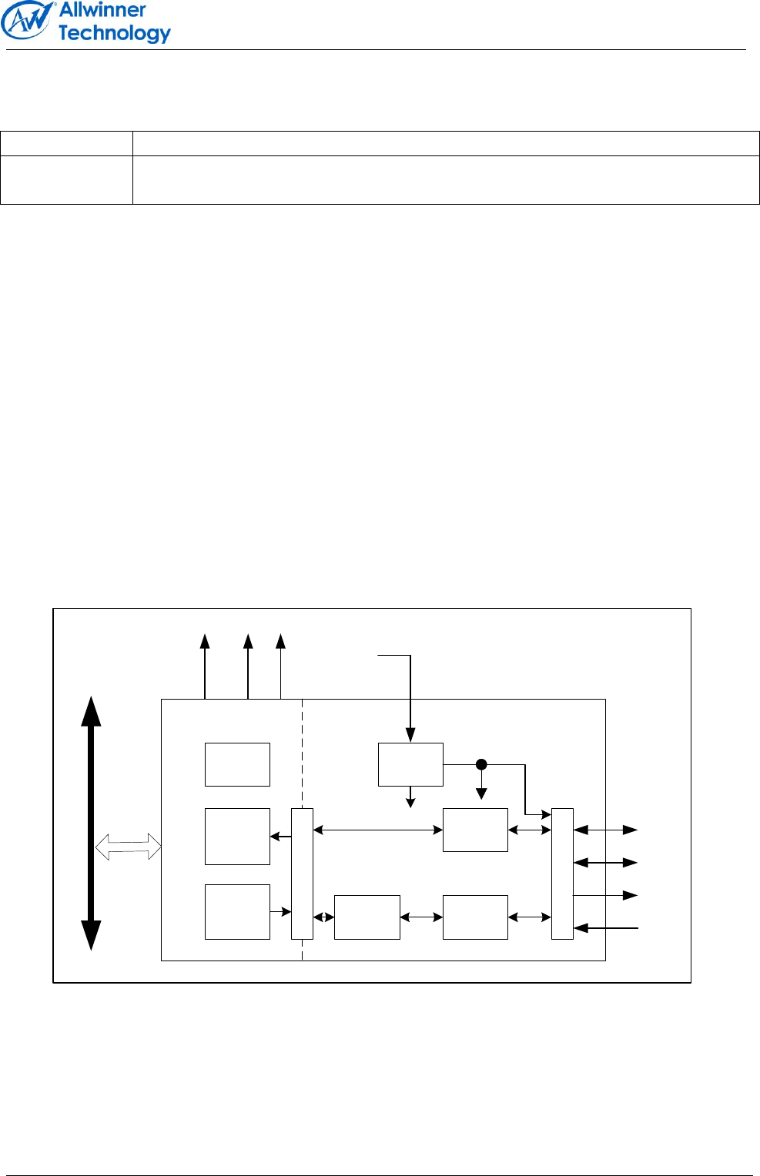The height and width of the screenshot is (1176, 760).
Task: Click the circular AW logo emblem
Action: [28, 22]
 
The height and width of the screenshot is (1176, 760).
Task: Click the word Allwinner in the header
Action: [102, 10]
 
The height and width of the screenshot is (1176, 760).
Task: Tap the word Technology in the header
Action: [114, 33]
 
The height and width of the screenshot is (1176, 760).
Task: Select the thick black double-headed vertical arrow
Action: [92, 823]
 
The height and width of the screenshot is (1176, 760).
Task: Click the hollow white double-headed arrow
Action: [128, 848]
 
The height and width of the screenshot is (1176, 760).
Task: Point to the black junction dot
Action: [481, 764]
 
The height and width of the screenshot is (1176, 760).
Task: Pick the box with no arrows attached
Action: [237, 764]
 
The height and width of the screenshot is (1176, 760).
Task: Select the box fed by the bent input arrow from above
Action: [410, 764]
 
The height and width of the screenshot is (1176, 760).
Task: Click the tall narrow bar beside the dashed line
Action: [302, 874]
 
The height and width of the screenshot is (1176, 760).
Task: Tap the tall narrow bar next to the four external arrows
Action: [562, 874]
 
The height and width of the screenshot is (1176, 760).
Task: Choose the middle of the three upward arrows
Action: [248, 667]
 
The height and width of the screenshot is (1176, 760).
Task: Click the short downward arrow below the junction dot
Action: [481, 785]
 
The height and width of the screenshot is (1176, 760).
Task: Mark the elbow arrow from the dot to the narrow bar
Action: [526, 793]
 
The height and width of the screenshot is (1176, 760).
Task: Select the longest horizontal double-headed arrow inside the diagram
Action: [378, 830]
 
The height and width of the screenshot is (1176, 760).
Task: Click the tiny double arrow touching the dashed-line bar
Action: [323, 917]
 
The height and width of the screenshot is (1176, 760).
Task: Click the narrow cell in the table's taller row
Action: [66, 180]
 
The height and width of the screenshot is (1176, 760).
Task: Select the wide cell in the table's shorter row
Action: [446, 144]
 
